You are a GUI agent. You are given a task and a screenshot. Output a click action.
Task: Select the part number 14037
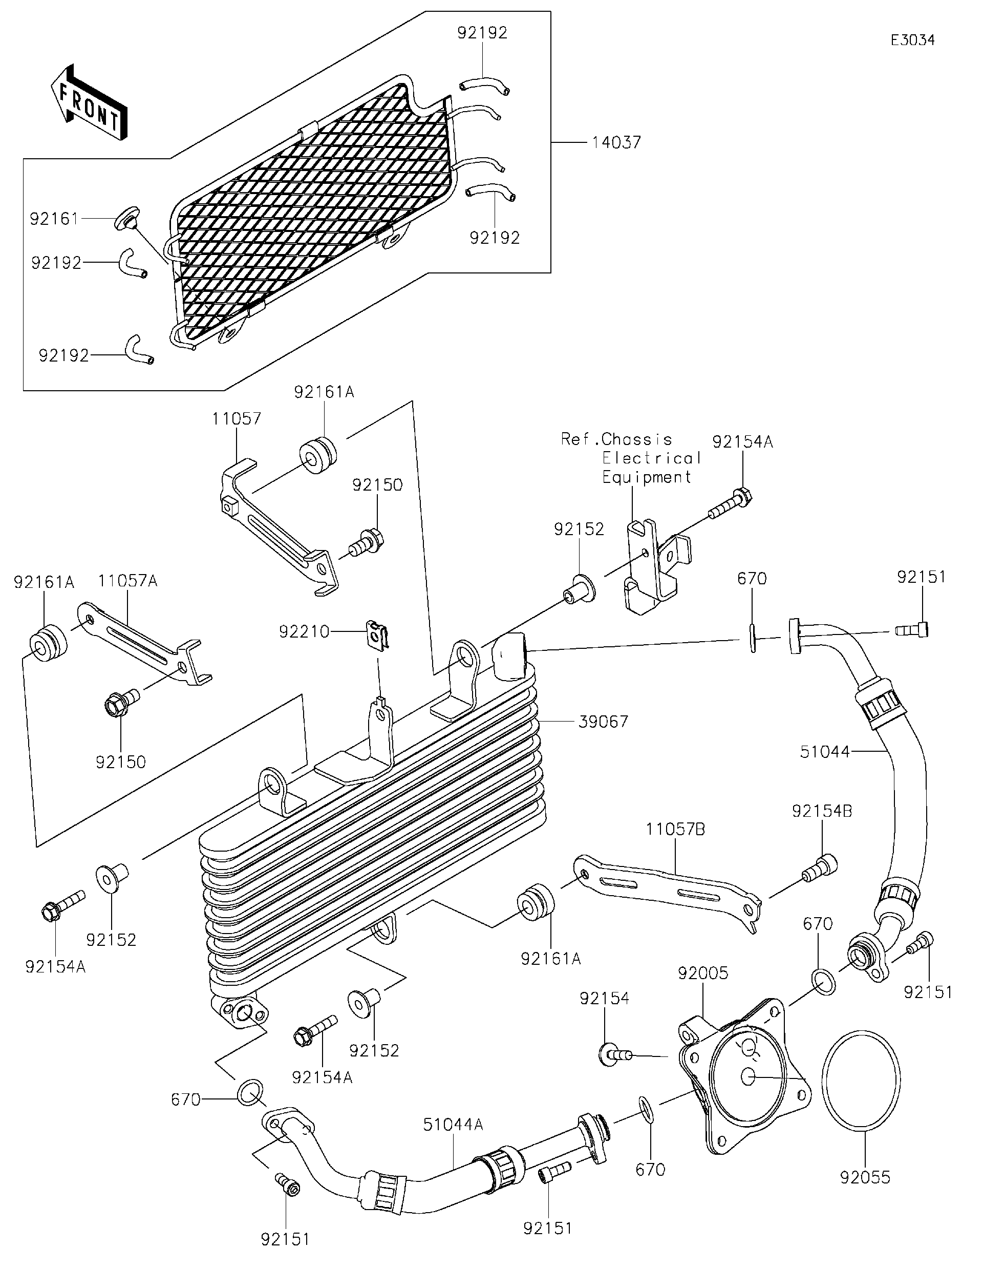616,142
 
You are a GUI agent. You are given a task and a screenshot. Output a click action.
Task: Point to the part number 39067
604,722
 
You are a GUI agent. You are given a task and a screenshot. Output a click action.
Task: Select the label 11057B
675,829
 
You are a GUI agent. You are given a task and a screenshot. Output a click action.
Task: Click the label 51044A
453,1125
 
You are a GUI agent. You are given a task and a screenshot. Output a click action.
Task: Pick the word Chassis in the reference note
636,439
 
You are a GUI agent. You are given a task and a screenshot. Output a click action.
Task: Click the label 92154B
821,811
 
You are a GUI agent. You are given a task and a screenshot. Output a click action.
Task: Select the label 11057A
127,580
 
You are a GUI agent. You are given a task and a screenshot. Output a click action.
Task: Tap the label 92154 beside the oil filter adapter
604,999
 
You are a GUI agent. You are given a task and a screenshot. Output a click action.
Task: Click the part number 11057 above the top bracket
236,419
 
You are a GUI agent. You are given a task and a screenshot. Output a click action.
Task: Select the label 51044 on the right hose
824,752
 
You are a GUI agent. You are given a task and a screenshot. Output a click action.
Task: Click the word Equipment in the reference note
647,477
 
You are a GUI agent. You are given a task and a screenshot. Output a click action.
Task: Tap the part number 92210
304,631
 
